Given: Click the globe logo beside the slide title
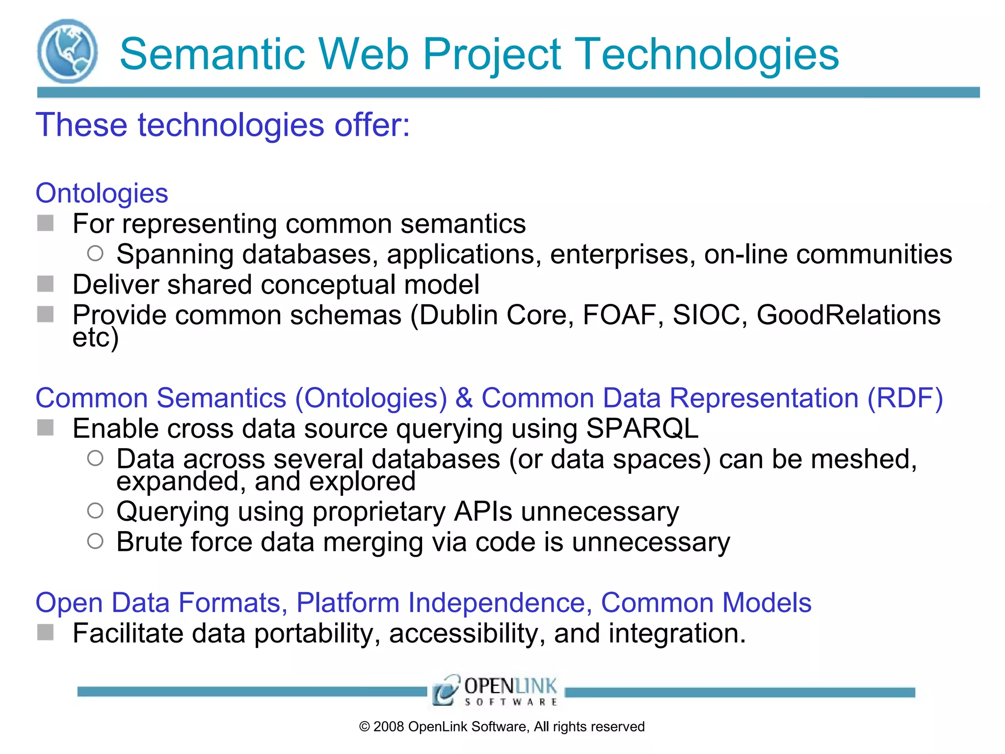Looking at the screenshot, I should tap(67, 51).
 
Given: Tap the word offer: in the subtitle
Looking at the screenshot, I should tap(372, 125).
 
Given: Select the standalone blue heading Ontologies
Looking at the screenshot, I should tap(102, 193).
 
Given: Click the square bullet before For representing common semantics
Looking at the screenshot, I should tap(46, 223).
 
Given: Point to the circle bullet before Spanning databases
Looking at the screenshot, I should tap(95, 253).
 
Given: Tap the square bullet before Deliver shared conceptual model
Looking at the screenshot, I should tap(46, 284).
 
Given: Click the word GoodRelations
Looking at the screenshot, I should tap(848, 315).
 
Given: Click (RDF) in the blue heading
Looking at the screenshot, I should tap(905, 398).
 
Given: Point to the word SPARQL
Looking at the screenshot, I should tap(642, 428).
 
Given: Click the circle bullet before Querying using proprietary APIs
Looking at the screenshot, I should tap(95, 511).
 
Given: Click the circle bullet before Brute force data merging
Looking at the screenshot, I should tap(95, 541).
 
